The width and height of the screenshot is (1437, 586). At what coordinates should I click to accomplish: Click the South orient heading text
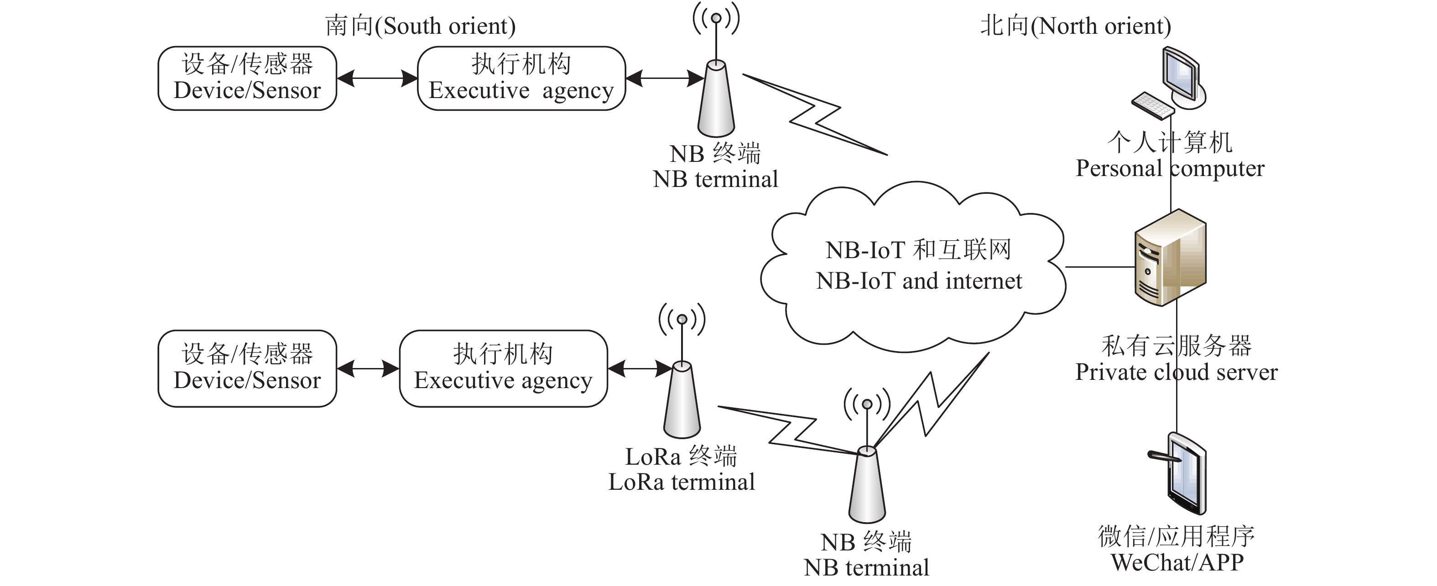420,26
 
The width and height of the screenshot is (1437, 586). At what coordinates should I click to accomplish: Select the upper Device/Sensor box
247,78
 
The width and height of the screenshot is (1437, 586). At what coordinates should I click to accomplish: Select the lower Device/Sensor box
247,368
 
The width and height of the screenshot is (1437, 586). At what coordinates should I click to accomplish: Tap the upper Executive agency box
521,78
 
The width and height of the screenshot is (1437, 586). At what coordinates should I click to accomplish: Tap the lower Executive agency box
503,368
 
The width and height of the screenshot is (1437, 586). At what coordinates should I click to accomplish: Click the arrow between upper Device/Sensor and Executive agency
377,78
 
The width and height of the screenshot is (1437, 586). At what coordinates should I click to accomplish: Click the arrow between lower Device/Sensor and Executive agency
368,368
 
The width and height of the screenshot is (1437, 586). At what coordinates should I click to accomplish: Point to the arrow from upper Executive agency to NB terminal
664,78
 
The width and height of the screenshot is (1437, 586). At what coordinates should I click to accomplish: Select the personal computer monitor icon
1182,76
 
